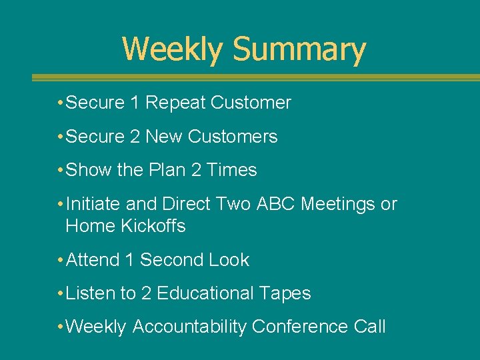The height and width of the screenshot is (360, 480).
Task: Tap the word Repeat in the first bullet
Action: click(175, 103)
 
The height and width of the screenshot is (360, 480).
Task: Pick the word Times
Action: click(232, 170)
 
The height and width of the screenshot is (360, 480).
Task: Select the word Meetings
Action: click(339, 204)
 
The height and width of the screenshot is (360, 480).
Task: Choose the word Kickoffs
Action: click(153, 227)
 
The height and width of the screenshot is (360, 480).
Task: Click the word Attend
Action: click(93, 260)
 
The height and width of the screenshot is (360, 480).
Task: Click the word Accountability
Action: click(189, 327)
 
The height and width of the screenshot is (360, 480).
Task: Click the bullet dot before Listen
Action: click(61, 293)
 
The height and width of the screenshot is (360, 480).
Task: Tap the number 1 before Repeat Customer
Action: click(135, 103)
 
